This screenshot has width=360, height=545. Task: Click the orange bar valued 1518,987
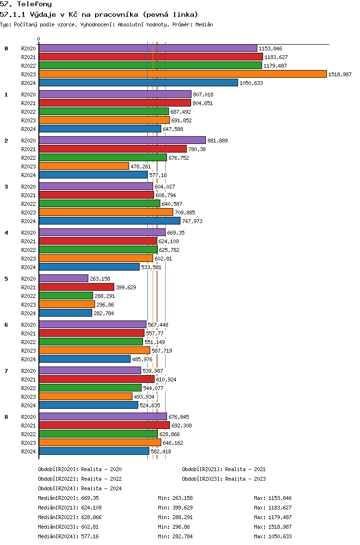click(x=182, y=74)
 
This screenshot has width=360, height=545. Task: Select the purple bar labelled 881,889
click(x=122, y=140)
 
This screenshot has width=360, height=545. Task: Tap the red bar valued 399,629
click(x=76, y=287)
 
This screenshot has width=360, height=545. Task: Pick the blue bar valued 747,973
click(x=109, y=221)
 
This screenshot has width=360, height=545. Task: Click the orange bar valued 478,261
click(x=84, y=166)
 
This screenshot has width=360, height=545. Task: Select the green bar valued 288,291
click(x=66, y=296)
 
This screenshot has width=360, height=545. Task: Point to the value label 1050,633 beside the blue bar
click(x=251, y=83)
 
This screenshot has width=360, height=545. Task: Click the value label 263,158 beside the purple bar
click(x=100, y=279)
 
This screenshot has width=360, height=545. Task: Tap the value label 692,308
click(x=181, y=426)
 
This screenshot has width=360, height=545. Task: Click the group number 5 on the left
click(x=6, y=279)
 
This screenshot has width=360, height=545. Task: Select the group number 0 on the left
click(x=6, y=48)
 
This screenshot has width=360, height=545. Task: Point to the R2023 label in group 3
click(x=28, y=213)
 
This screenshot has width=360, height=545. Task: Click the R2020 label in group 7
click(x=28, y=371)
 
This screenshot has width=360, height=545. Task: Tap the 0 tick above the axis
click(x=38, y=39)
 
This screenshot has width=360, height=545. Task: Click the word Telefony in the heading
click(x=35, y=4)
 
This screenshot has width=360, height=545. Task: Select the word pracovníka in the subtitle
click(x=117, y=14)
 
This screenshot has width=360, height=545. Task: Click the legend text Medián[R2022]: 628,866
click(x=70, y=517)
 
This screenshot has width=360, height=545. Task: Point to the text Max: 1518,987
click(x=273, y=527)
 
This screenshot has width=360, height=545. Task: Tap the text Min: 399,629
click(x=175, y=508)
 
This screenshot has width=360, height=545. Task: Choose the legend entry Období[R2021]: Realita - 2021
click(x=224, y=469)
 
